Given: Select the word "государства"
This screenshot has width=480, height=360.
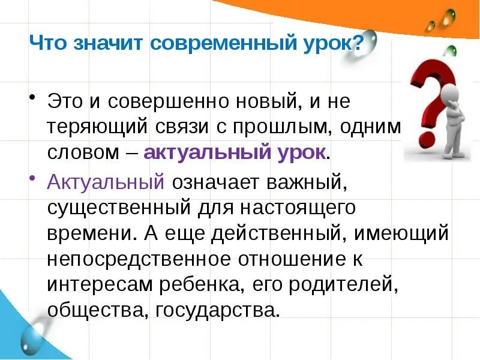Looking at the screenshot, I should pyautogui.click(x=219, y=310).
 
